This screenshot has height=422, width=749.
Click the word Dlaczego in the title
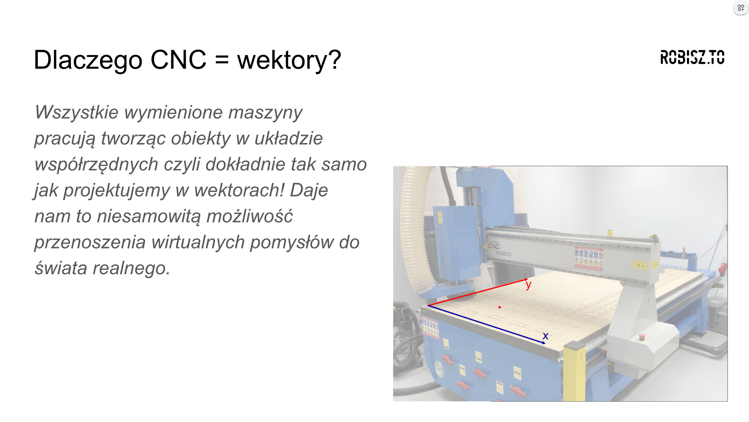coord(88,60)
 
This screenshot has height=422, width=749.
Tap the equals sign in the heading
coord(222,61)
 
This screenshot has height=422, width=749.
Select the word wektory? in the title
coord(289,61)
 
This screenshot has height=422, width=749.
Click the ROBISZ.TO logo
coord(692,57)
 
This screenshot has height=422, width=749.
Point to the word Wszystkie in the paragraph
coord(76,113)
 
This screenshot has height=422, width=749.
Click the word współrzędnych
coord(96,165)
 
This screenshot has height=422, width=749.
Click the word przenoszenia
coord(90,243)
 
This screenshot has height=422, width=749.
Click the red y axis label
coord(529,284)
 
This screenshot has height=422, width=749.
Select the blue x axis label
coord(545,336)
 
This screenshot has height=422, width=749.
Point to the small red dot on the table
coord(499,308)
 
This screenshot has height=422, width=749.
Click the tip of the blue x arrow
coord(546,343)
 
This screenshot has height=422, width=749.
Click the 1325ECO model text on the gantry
coord(503,254)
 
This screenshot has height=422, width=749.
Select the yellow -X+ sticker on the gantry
coord(639,265)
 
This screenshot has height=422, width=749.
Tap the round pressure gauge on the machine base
coord(439,368)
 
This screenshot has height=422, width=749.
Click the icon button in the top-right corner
coord(740,8)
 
